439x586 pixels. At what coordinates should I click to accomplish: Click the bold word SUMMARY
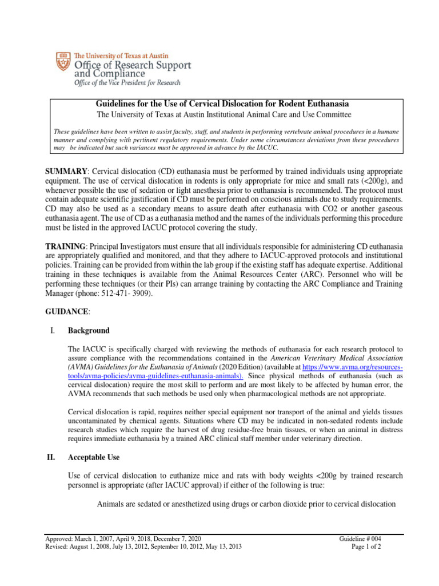coord(67,172)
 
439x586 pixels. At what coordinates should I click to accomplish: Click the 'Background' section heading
coord(89,330)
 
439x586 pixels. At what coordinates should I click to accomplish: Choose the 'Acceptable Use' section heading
coord(95,458)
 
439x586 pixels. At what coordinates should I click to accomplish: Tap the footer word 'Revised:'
coord(58,547)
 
